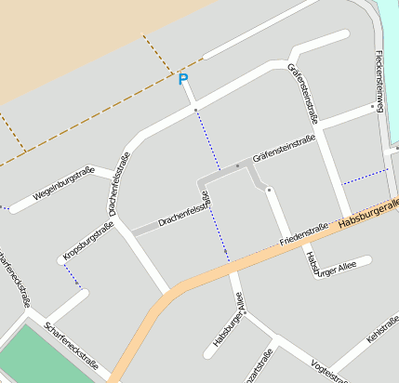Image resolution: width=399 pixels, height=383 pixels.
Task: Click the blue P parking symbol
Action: (x=183, y=80)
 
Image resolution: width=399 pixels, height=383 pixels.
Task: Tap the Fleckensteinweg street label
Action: (x=379, y=79)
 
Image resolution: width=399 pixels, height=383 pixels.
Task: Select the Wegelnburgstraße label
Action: (x=64, y=184)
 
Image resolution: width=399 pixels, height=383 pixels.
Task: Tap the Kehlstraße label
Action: (x=382, y=330)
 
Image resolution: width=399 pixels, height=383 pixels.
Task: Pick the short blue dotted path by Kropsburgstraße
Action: (x=73, y=276)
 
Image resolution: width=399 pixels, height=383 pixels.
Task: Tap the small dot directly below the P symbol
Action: (x=195, y=110)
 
